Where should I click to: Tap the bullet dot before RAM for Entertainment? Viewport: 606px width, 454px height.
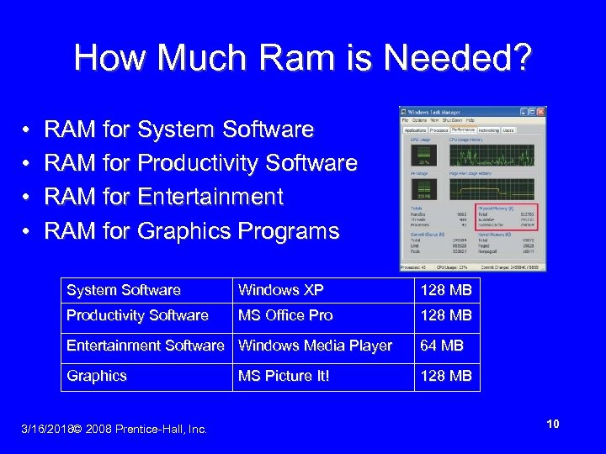(x=28, y=198)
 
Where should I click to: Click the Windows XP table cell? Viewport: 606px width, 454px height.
(x=281, y=290)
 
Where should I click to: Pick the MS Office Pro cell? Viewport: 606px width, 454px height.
(x=285, y=315)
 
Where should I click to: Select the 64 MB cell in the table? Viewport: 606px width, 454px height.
(x=442, y=346)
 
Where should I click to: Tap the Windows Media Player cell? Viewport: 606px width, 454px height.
(x=316, y=346)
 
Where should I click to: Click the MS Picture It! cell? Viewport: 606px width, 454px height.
(x=284, y=376)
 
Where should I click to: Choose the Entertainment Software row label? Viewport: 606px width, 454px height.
(x=146, y=346)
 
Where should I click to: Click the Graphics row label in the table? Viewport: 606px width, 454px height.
(x=97, y=376)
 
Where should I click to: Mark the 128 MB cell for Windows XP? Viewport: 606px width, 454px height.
(x=446, y=290)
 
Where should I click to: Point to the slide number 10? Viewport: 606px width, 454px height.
(x=553, y=424)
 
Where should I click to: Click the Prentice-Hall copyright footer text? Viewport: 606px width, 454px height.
(x=140, y=429)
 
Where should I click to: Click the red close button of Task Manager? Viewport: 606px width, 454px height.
(x=541, y=112)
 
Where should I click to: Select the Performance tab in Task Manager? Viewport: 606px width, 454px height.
(x=464, y=130)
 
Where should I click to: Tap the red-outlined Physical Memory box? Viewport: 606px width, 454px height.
(x=506, y=217)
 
